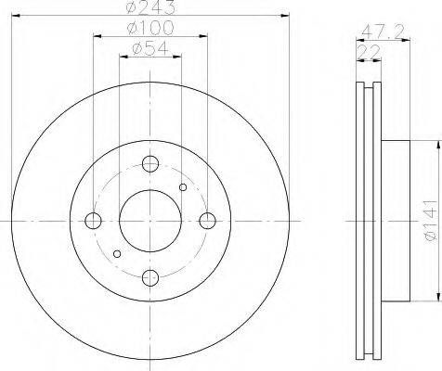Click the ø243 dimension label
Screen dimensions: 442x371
click(150, 6)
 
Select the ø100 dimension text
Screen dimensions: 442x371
click(150, 28)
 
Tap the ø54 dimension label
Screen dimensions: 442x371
click(150, 48)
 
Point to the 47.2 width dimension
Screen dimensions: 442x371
click(383, 32)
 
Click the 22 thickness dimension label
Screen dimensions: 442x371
click(369, 52)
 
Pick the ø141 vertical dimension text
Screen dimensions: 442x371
click(431, 220)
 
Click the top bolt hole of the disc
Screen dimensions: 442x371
click(150, 164)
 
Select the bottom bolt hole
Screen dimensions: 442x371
click(150, 277)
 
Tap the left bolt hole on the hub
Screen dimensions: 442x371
click(93, 221)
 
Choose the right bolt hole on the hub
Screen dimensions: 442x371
click(207, 221)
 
